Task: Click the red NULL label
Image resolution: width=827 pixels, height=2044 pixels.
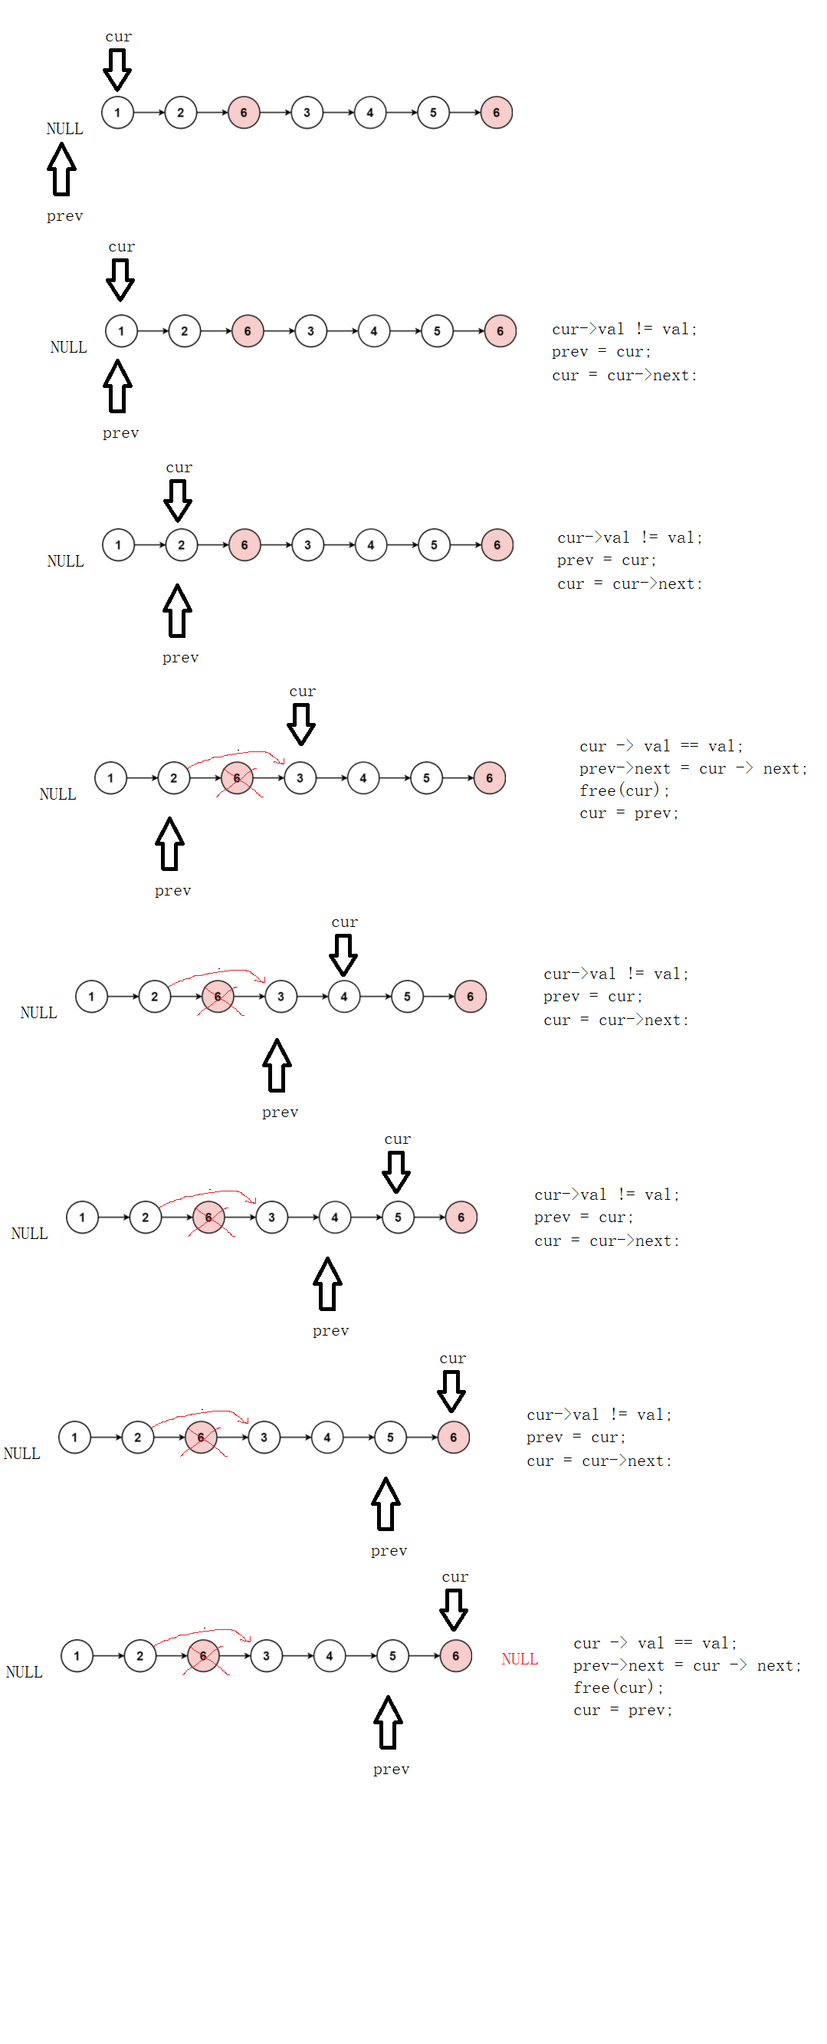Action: pos(520,1659)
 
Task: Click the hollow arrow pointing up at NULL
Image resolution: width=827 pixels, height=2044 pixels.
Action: pos(61,169)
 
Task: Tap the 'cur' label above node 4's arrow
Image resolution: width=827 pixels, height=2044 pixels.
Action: pos(344,922)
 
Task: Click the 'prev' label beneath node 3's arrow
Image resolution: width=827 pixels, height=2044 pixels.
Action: pos(280,1112)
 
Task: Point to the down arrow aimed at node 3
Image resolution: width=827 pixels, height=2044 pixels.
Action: pos(301,725)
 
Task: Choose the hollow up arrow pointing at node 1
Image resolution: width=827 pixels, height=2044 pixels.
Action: pos(117,386)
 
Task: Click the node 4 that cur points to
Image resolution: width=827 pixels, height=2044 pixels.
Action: pos(343,997)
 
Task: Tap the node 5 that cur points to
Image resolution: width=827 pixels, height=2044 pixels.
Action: pos(397,1218)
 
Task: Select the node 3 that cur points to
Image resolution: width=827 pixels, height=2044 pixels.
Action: pos(300,778)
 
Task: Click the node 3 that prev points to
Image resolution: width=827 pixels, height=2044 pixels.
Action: pos(281,997)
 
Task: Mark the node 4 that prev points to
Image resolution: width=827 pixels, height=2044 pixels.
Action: pos(335,1218)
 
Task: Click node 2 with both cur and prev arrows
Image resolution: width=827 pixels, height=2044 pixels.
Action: pos(182,545)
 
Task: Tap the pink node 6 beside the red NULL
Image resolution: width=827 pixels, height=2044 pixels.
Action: pos(455,1656)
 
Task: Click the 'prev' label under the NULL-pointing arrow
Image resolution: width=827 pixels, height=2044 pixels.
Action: pos(64,217)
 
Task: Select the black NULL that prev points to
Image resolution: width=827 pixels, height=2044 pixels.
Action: pos(64,129)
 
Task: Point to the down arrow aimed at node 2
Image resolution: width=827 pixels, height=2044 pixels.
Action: pos(178,501)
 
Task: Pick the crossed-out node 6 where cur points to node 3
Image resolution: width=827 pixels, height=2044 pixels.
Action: pos(236,778)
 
